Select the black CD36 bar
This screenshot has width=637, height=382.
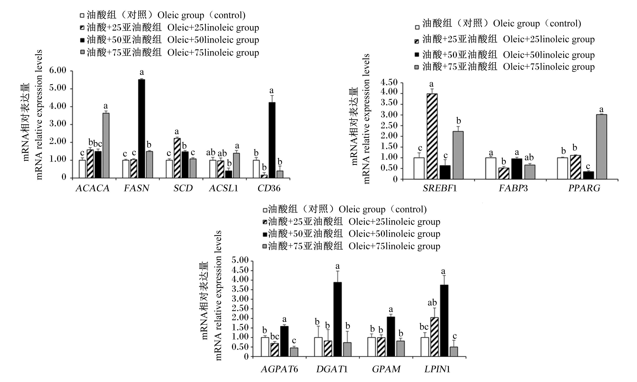272,140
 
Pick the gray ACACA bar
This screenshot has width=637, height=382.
106,145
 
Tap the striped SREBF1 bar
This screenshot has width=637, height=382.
432,136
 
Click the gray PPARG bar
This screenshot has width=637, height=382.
601,147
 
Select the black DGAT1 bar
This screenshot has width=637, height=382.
338,319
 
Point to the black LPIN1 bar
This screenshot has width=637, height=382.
444,321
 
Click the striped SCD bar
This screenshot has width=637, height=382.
177,158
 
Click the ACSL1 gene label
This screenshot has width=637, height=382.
223,188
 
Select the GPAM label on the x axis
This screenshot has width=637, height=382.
386,369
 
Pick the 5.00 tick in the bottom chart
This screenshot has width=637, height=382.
240,260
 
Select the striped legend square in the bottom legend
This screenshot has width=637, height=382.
265,222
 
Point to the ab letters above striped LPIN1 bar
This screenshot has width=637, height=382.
432,303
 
